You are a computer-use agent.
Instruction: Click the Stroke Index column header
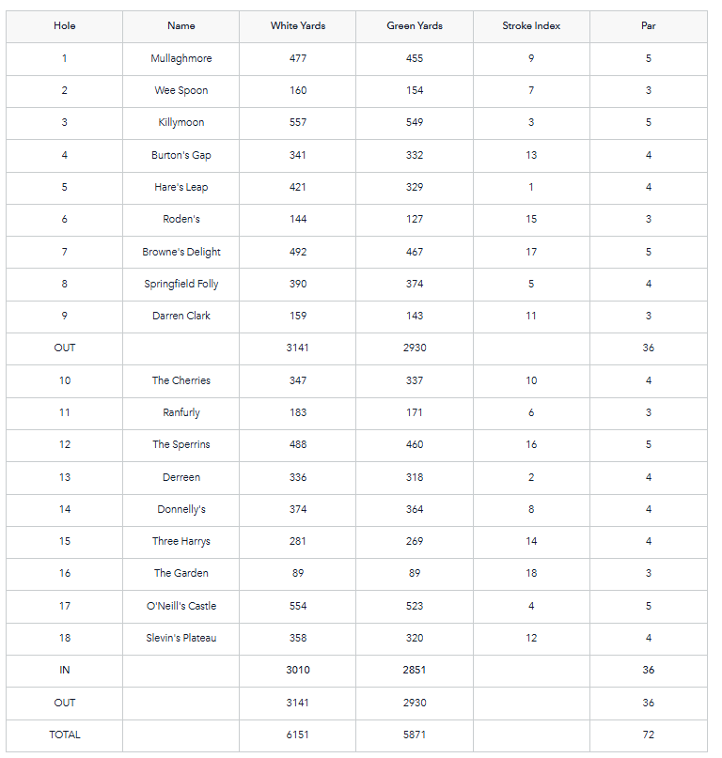531,25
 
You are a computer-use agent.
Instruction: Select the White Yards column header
298,25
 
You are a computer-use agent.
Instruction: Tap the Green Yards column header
415,25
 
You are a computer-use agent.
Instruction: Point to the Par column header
649,25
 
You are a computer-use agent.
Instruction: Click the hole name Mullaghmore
181,58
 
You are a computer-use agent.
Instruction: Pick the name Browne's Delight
181,252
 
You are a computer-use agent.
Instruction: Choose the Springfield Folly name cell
181,284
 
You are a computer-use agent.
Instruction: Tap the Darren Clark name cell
181,316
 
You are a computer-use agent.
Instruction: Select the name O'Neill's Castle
181,606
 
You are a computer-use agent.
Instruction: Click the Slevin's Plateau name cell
181,638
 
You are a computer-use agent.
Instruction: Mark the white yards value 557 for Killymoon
298,122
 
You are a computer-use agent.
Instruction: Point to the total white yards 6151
298,735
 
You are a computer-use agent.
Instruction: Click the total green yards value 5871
415,735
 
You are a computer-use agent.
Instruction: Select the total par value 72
649,735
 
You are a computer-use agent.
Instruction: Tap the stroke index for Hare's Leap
531,187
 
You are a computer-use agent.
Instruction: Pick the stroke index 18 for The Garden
531,573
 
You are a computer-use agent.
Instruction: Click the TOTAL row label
65,735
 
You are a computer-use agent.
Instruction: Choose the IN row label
65,670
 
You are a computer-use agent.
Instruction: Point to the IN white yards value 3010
298,670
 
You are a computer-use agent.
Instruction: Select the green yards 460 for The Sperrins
415,444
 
